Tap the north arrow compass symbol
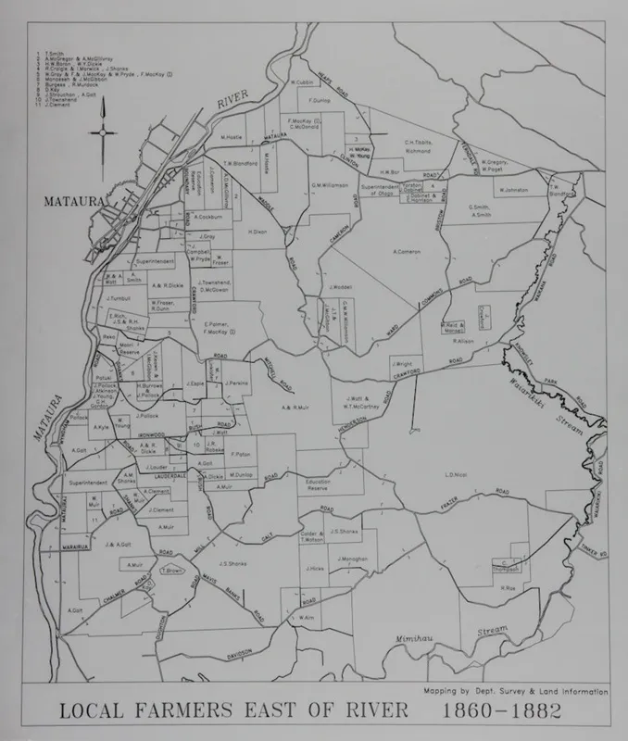coord(103,132)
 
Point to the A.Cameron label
coord(407,252)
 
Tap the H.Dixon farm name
coord(257,232)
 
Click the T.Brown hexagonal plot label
coord(171,571)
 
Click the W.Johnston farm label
coord(512,191)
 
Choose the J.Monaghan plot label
coord(349,559)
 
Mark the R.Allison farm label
coord(464,341)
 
